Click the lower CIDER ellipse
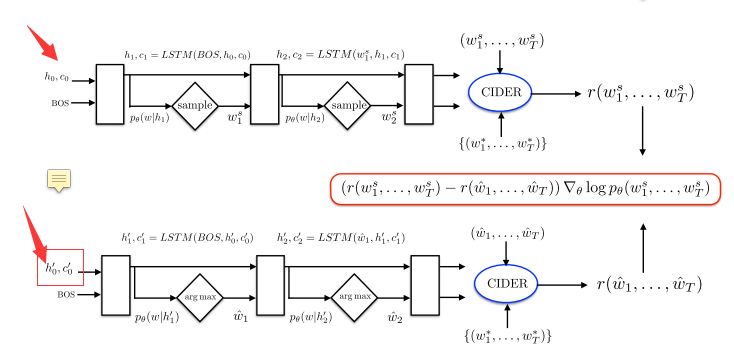point(506,284)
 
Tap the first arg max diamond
point(196,296)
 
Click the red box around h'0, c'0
point(60,267)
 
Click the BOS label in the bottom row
point(67,295)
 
